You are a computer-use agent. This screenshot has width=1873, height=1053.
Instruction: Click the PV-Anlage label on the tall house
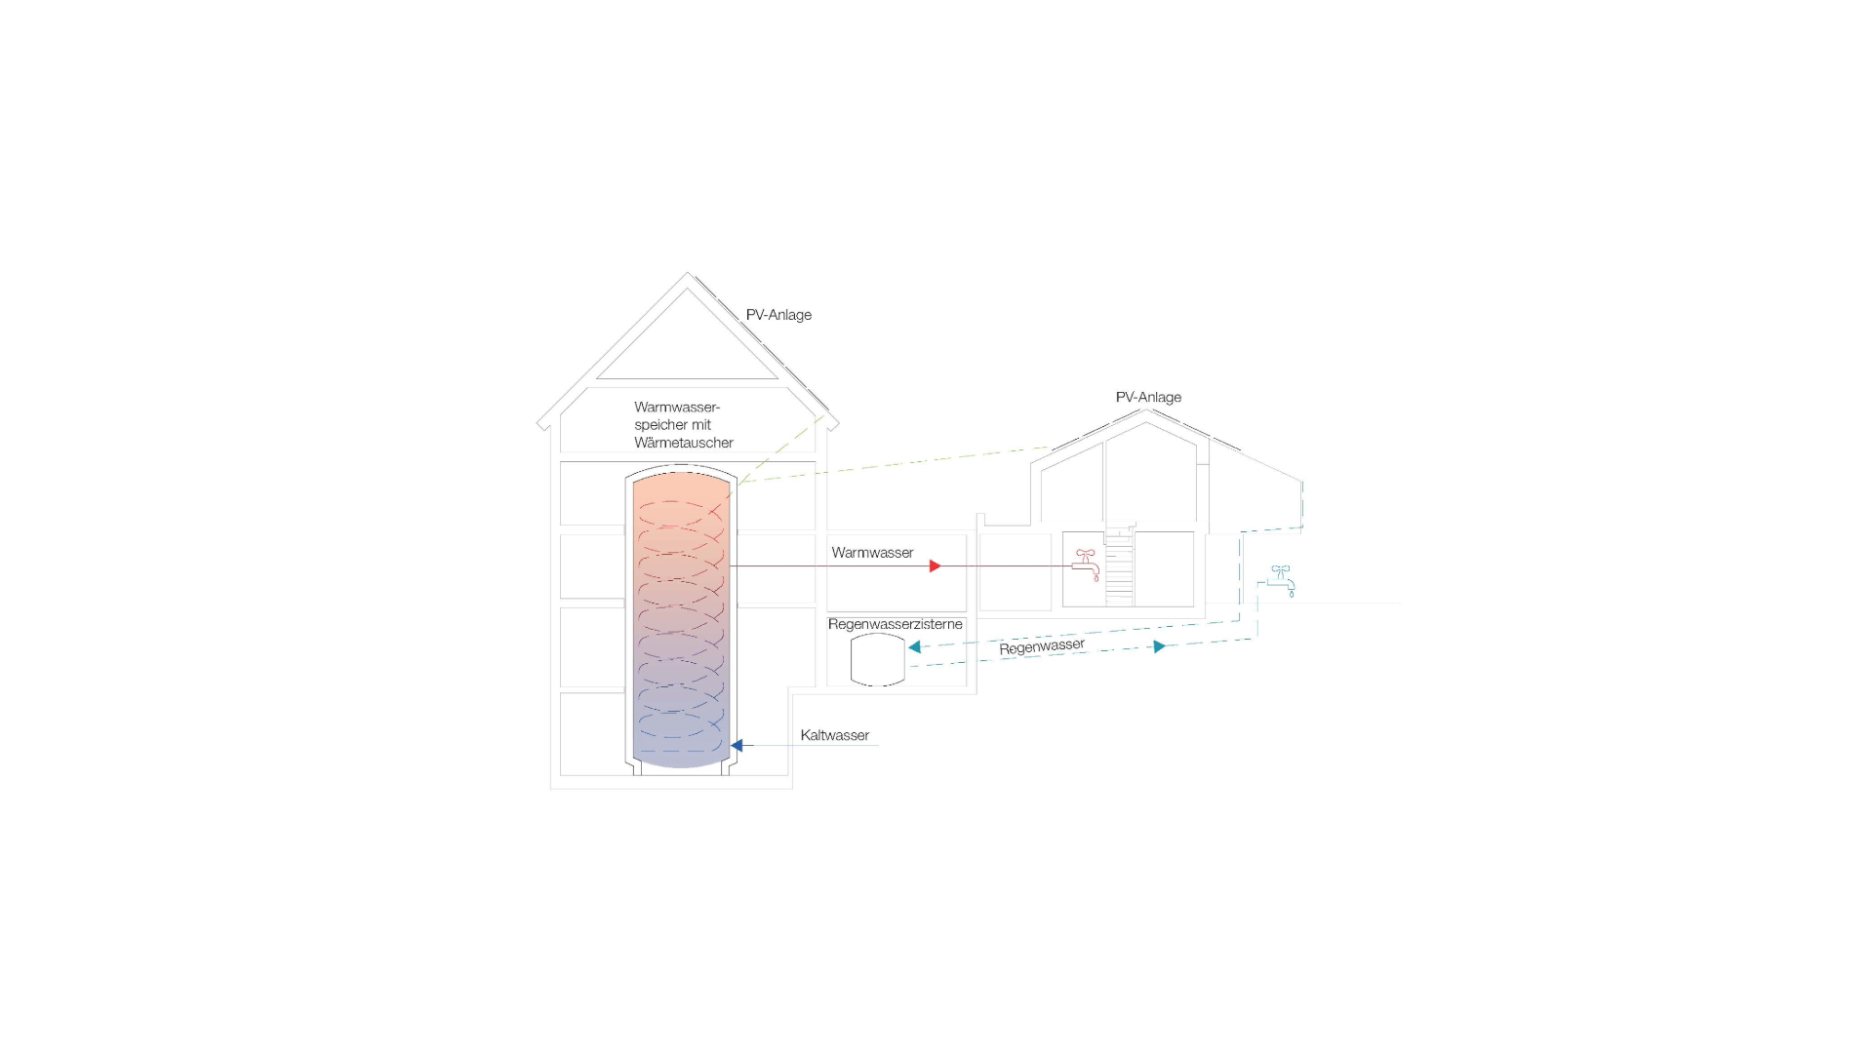(778, 315)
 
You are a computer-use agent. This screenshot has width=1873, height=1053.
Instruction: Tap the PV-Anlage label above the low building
(1148, 397)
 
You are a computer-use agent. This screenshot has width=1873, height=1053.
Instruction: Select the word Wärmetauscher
(684, 443)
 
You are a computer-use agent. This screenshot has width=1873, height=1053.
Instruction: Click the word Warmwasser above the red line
(872, 553)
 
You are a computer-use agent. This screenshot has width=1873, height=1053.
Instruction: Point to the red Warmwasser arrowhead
(935, 565)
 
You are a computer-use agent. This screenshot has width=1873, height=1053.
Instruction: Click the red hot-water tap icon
(1086, 565)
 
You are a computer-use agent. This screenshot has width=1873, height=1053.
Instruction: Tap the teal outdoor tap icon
(1281, 581)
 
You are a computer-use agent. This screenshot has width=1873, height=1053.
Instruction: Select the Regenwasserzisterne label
(895, 624)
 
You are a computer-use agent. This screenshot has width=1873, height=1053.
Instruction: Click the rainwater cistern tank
(878, 660)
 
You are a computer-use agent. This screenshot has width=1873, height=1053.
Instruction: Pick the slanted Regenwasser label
(1042, 646)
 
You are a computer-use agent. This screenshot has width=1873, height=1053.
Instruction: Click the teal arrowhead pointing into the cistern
(914, 646)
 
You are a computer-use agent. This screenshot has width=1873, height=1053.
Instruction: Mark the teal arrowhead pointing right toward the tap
(1160, 646)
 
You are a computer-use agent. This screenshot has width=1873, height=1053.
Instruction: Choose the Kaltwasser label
(834, 735)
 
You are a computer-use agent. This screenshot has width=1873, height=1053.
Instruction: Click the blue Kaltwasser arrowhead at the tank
(737, 746)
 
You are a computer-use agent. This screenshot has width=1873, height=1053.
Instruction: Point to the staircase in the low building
(1120, 565)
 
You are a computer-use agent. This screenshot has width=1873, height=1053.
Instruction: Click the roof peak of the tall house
(687, 273)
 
